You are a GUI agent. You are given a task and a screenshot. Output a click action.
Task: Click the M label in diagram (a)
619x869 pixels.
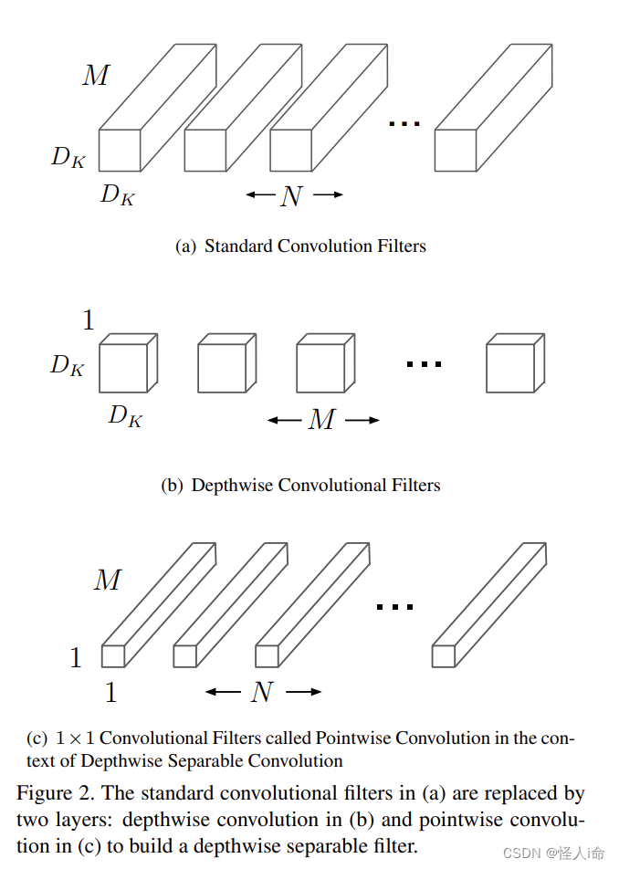tap(96, 76)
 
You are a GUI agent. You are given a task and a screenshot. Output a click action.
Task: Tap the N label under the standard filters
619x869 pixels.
tap(290, 195)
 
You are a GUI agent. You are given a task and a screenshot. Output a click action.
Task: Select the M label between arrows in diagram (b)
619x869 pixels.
tap(321, 420)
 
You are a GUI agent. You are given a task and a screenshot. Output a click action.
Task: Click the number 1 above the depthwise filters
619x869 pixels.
tap(89, 320)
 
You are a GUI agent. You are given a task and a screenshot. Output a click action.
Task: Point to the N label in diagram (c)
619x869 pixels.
tap(262, 693)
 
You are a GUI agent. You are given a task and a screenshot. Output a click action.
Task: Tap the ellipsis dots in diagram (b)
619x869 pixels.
tap(424, 364)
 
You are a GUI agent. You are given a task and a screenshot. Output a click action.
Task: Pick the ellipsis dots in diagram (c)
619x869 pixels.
tap(394, 606)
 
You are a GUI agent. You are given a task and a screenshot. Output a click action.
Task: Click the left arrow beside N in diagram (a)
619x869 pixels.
tap(259, 194)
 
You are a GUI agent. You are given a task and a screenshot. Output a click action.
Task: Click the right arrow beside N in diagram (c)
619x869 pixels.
tap(304, 692)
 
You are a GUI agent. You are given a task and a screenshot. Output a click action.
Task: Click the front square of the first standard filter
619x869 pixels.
tap(120, 151)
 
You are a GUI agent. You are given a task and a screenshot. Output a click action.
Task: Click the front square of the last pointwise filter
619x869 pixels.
tap(444, 655)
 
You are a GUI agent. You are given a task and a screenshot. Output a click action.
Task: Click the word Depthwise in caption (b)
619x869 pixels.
tap(232, 486)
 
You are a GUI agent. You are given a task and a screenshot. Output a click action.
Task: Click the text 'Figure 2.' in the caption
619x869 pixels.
tap(57, 793)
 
